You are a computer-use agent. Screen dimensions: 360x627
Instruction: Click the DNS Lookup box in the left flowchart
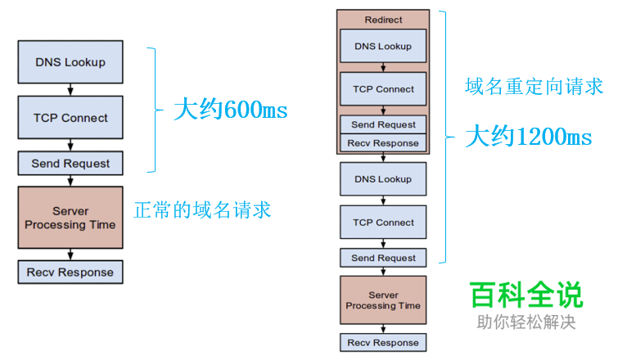coord(70,62)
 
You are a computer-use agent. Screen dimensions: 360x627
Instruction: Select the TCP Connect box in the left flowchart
coord(70,118)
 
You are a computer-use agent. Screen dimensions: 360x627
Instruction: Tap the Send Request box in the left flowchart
coord(70,164)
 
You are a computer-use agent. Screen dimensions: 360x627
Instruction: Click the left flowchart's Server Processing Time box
coord(70,218)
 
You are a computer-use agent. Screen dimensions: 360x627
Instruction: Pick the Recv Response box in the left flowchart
coord(70,272)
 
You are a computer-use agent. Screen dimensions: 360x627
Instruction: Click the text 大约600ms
coord(230,110)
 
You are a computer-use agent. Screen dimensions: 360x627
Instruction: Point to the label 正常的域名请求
coord(201,209)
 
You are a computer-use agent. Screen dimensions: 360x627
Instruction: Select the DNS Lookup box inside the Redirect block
coord(383,47)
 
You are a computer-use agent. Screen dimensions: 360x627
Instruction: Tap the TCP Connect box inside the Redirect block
coord(383,89)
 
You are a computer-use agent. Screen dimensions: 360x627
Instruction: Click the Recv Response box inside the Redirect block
coord(383,143)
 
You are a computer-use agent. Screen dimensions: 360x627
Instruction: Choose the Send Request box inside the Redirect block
coord(383,124)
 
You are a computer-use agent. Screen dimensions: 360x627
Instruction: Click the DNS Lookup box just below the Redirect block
coord(383,179)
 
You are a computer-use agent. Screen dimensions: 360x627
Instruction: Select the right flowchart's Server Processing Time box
coord(383,300)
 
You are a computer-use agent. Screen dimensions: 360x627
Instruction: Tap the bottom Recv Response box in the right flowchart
coord(383,343)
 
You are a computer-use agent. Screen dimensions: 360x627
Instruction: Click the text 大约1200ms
coord(528,137)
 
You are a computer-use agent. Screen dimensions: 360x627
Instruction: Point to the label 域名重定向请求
coord(534,86)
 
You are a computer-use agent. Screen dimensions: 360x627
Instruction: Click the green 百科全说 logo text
coord(526,295)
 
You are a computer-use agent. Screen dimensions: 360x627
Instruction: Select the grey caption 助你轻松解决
coord(526,322)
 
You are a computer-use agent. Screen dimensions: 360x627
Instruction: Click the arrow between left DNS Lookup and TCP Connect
coord(70,88)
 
